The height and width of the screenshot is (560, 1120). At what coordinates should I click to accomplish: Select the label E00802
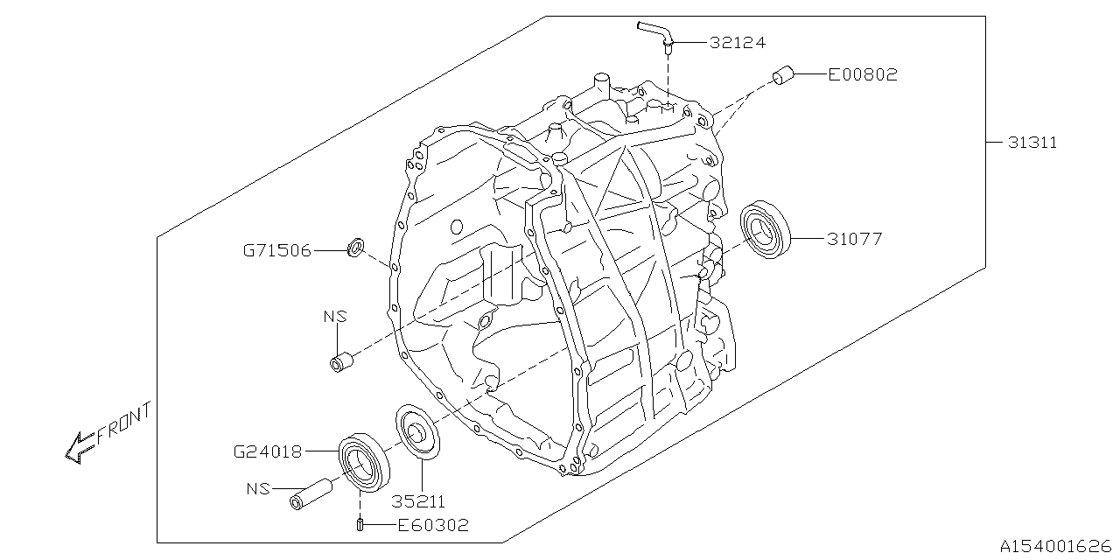point(863,75)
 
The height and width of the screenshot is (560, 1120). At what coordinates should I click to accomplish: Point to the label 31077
point(854,238)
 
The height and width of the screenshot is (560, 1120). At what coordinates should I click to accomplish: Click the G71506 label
point(276,250)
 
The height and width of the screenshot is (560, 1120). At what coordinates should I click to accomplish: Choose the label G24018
point(268,452)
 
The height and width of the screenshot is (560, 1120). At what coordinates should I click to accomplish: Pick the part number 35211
point(418,502)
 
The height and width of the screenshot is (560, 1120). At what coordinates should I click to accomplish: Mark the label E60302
point(433,525)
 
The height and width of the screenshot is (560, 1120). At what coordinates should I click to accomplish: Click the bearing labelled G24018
point(361,461)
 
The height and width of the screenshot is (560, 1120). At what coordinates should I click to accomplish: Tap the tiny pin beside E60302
point(360,524)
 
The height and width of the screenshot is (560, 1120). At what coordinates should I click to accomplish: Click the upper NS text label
point(335,317)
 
